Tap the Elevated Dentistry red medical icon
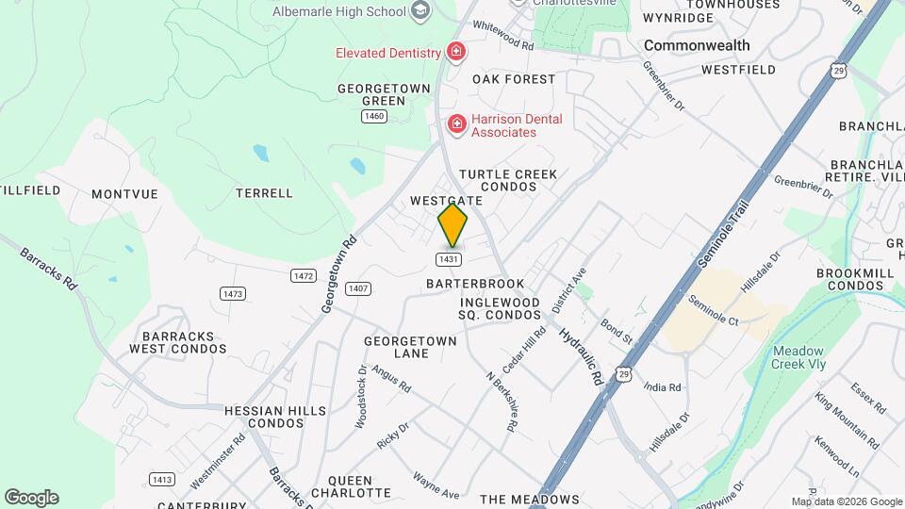[x=456, y=51]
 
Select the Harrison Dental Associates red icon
[x=456, y=123]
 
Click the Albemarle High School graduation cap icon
[x=420, y=11]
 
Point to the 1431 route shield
[x=448, y=258]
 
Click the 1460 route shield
[x=374, y=116]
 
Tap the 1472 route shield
[x=303, y=275]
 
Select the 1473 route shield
[x=233, y=294]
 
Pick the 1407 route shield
[x=357, y=288]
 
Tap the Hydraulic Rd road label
[x=579, y=353]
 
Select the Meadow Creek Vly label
[x=798, y=357]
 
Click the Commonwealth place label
[x=697, y=45]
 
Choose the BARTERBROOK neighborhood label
[x=474, y=283]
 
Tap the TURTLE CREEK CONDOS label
[x=508, y=180]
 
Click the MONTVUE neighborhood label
[x=124, y=193]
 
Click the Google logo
[x=31, y=498]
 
